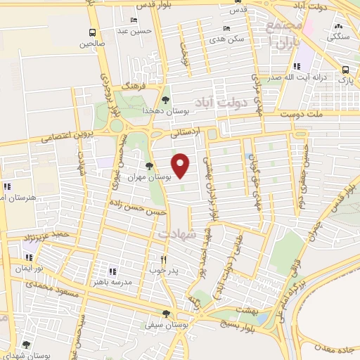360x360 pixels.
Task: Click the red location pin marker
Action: coord(181,165)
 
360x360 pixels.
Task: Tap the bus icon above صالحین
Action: coord(92,32)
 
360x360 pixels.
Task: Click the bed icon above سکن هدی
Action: coord(226,28)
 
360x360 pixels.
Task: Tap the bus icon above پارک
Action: coord(345,70)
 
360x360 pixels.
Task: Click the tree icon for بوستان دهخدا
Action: coord(165,100)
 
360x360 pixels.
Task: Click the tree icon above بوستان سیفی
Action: coord(166,314)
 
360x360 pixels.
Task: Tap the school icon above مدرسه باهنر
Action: coord(111,271)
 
